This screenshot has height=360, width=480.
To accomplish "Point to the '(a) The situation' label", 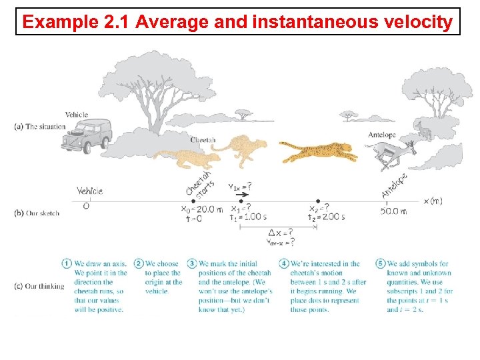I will click(39, 127).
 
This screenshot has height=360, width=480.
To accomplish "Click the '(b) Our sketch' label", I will click(37, 213).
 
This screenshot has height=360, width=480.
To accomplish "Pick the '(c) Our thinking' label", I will click(39, 287).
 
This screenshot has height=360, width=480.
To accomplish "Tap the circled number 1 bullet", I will click(67, 263).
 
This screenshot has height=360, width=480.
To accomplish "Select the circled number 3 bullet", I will click(192, 263).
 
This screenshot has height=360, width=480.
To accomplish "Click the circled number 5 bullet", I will click(381, 263).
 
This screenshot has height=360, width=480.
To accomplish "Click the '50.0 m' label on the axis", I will click(394, 211).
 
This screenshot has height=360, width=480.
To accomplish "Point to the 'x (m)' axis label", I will click(433, 201).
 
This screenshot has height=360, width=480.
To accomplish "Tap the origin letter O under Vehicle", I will click(85, 207).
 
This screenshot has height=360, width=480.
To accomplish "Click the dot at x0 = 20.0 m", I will click(194, 201).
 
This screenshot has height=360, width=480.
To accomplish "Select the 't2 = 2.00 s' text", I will click(327, 217).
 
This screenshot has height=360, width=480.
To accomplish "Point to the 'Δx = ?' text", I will click(280, 233).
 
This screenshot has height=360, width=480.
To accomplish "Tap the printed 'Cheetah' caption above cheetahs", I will click(203, 140).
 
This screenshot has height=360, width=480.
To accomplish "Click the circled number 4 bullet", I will click(284, 263).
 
